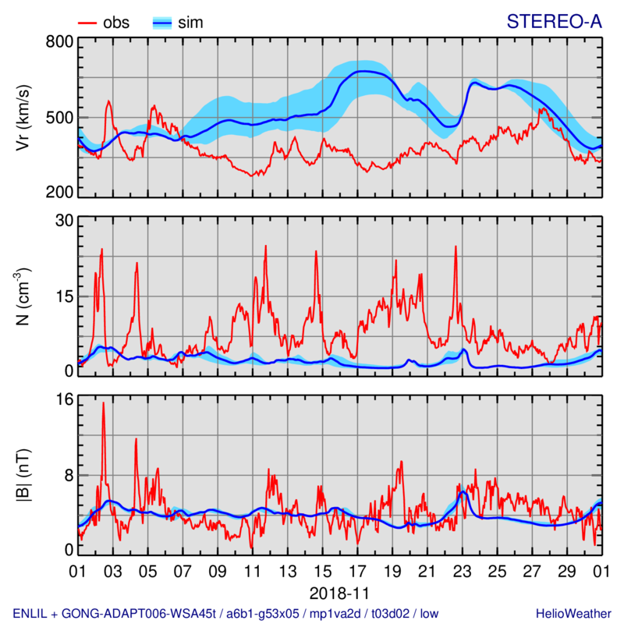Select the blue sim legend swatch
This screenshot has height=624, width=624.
[x=162, y=23]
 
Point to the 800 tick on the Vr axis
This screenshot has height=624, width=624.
[x=58, y=42]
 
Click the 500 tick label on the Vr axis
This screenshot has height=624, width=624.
[x=58, y=118]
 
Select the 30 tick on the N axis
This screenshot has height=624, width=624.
[x=63, y=221]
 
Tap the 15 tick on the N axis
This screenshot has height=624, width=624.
[x=63, y=296]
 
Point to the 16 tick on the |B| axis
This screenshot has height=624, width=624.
[x=63, y=400]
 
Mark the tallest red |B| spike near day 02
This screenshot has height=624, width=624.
[x=103, y=404]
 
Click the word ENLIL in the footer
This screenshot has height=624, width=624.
[x=30, y=611]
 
